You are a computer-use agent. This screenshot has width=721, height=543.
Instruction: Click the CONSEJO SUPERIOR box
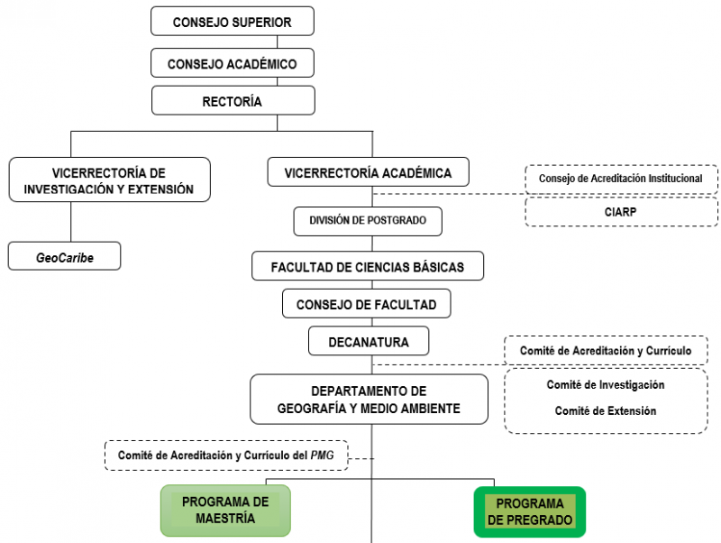pos(233,21)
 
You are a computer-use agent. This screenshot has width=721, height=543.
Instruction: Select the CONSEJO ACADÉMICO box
pos(233,63)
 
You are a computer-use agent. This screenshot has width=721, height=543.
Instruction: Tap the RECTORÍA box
pos(233,100)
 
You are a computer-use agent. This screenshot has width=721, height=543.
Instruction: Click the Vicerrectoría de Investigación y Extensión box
pos(109,179)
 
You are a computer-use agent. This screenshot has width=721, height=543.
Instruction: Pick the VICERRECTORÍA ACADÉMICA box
pos(369,172)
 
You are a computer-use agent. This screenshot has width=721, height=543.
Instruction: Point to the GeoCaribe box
pos(64,256)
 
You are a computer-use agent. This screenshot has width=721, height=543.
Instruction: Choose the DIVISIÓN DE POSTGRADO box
pos(368,221)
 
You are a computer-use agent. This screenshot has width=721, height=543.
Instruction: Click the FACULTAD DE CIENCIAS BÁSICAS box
pos(368,266)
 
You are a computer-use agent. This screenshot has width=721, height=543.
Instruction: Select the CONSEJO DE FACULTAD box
pos(367,304)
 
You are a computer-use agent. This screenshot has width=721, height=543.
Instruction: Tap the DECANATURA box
pos(369,341)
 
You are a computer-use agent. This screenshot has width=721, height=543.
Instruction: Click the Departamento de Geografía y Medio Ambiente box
pos(369,400)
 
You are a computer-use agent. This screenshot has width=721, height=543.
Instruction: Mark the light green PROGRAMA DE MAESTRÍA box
pos(225,511)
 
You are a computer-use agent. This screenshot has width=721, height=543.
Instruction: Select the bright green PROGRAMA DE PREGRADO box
pos(530,511)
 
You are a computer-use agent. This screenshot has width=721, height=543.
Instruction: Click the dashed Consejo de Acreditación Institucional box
pos(621,179)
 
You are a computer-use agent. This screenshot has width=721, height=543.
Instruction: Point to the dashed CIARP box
pos(621,212)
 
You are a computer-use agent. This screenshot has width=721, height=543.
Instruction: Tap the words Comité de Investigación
pos(606,385)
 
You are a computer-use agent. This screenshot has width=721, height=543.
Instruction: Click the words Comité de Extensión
pos(606,411)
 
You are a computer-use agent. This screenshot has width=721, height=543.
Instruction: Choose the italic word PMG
pos(323,456)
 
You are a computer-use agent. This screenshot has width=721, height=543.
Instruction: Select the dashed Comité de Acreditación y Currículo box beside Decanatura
pos(606,351)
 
